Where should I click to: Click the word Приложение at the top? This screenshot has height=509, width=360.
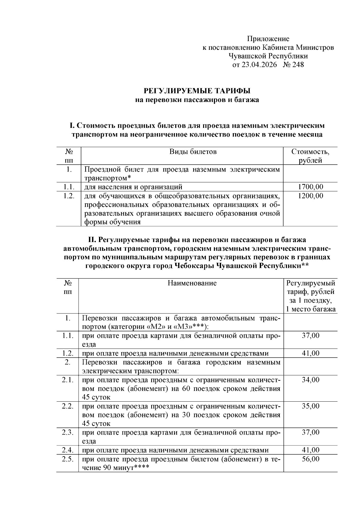point(268,39)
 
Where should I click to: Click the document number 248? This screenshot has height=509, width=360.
point(297,65)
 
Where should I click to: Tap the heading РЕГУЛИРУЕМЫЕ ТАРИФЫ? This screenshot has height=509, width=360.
point(197,91)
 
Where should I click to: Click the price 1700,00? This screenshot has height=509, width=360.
point(310,187)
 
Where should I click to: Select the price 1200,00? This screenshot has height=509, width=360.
point(310,196)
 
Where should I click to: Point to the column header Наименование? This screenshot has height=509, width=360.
point(192,283)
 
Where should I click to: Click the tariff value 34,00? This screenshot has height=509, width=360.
point(310,380)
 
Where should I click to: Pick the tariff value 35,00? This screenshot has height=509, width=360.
point(310,406)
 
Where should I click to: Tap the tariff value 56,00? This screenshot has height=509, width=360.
point(310,459)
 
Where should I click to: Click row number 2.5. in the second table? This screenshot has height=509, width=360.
point(68,459)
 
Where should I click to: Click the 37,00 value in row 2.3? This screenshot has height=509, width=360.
point(310,432)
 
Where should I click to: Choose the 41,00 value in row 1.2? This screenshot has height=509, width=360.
point(310,353)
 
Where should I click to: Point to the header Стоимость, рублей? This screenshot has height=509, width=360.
point(310,156)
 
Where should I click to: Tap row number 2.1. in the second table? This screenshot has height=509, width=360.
point(68,380)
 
